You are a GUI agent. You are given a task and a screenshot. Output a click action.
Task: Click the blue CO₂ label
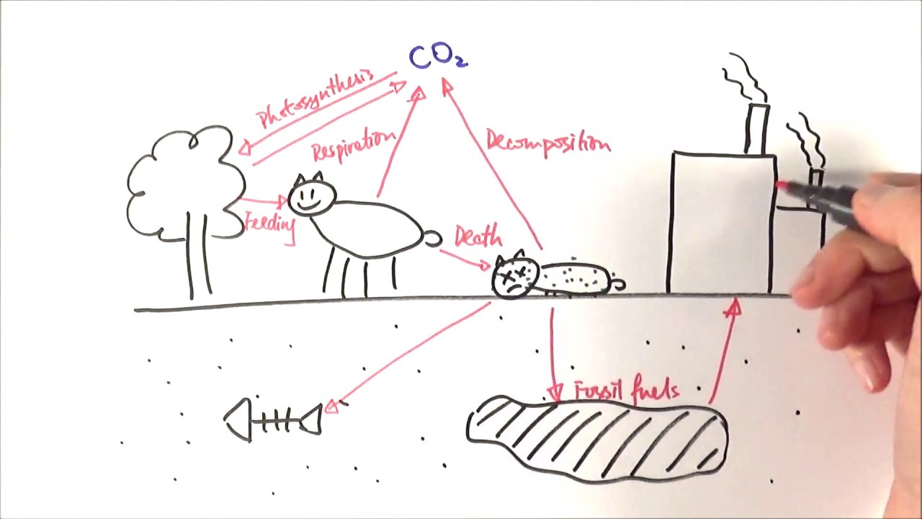click(x=437, y=56)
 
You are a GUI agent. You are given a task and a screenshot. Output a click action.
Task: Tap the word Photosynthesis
click(x=315, y=99)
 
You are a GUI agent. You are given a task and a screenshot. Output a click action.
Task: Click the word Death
click(x=478, y=237)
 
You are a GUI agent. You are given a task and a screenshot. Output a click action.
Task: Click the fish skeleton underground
click(x=274, y=420)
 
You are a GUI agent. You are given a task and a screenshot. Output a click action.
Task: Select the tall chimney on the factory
click(x=757, y=130)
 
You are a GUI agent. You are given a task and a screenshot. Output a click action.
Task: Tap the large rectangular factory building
click(x=720, y=223)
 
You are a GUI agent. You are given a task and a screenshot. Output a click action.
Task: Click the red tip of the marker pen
click(x=782, y=187)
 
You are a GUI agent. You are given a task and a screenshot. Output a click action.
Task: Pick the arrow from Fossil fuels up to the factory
click(x=722, y=353)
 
